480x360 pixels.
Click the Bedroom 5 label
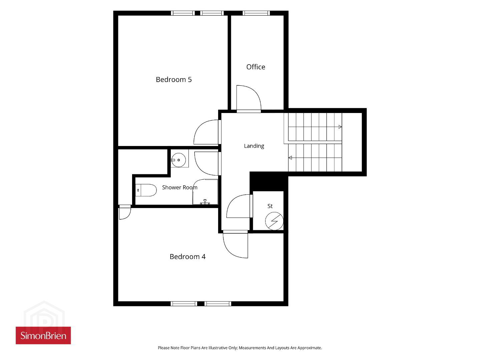tap(174, 80)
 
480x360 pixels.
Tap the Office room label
tap(256, 67)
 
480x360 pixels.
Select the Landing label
tap(254, 146)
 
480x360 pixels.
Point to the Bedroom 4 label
tap(187, 256)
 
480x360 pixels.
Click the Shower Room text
tap(179, 187)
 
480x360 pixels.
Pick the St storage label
tap(270, 206)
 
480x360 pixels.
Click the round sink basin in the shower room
tap(179, 160)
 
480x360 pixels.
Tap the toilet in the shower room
tap(146, 190)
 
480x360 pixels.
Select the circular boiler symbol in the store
tap(274, 221)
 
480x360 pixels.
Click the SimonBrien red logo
tap(43, 335)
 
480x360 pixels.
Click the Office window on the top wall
tap(256, 13)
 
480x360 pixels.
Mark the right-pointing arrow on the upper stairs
tap(340, 127)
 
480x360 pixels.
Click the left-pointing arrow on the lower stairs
tap(290, 158)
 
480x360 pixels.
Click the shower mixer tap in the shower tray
tap(205, 202)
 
